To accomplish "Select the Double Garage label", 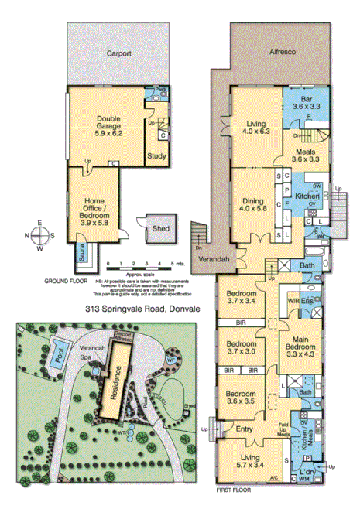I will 114,126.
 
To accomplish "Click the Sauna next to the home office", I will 81,254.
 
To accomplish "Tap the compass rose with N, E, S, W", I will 39,234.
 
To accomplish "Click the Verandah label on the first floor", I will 211,259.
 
